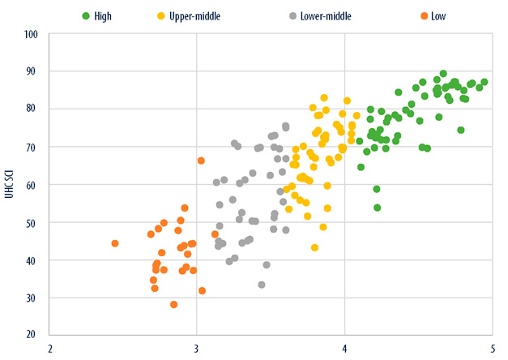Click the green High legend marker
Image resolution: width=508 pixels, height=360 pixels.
click(x=84, y=15)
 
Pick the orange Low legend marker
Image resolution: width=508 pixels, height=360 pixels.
click(x=421, y=15)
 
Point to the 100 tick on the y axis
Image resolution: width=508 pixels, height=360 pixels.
click(x=32, y=35)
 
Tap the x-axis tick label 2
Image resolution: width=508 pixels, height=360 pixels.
click(x=50, y=347)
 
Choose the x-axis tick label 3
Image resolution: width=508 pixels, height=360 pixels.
click(x=197, y=347)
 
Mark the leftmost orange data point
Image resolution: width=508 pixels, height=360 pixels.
click(x=115, y=243)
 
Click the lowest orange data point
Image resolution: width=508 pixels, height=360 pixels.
click(x=173, y=305)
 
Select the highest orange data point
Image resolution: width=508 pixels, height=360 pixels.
click(x=201, y=161)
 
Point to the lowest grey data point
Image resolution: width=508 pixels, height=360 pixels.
click(x=262, y=285)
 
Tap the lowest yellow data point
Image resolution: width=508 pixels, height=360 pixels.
click(x=314, y=247)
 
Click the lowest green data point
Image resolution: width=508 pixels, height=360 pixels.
click(x=377, y=208)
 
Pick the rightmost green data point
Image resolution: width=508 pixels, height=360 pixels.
click(x=484, y=82)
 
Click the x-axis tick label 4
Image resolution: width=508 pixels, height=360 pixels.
click(x=344, y=347)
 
